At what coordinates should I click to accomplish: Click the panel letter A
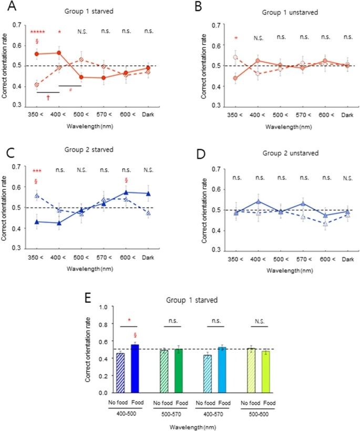click(x=12, y=6)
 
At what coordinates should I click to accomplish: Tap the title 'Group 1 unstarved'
click(x=290, y=13)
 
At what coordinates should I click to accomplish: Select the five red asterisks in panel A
click(x=37, y=32)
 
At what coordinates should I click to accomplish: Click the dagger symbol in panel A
click(x=48, y=98)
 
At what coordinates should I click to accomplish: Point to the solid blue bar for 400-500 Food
click(x=135, y=368)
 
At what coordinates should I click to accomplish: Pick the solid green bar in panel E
click(x=178, y=371)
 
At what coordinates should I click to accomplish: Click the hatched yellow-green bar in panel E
click(x=251, y=370)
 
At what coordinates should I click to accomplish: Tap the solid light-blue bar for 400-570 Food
click(x=222, y=370)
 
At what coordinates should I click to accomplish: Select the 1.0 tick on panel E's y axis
click(x=103, y=307)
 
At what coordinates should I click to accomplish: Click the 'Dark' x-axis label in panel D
click(x=347, y=259)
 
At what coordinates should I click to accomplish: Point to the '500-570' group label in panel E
click(x=171, y=414)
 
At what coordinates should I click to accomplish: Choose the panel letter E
click(x=87, y=297)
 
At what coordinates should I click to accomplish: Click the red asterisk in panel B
click(x=236, y=38)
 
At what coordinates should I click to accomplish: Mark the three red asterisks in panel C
click(x=37, y=171)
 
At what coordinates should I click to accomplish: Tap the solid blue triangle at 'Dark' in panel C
click(x=148, y=193)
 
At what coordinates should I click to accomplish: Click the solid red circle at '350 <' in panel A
click(x=37, y=54)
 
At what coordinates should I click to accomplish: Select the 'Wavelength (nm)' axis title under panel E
click(x=193, y=427)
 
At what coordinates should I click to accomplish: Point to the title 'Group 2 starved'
click(x=89, y=149)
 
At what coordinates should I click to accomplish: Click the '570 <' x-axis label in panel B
click(x=303, y=115)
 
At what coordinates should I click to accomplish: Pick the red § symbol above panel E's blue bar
click(x=135, y=335)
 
